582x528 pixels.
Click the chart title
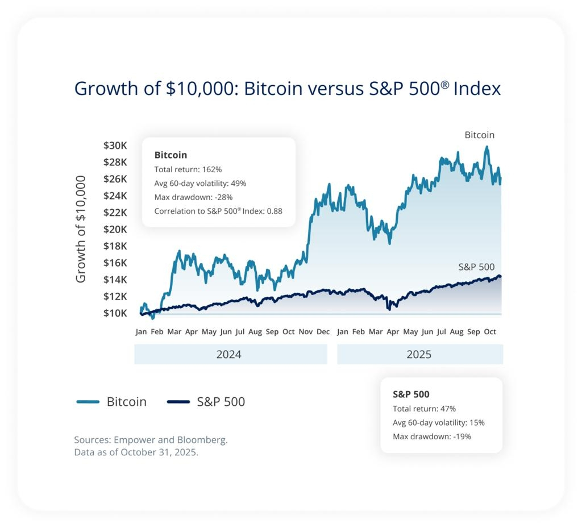tap(288, 89)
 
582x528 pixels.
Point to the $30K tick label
tap(115, 145)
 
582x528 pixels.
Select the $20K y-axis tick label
tap(115, 229)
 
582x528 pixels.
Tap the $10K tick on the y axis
tap(115, 313)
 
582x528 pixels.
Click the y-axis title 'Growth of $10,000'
tap(81, 229)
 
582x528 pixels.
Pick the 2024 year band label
tap(228, 354)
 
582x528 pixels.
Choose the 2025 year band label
tap(419, 354)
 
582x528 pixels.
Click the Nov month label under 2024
tap(305, 332)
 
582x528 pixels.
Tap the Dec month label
tap(323, 332)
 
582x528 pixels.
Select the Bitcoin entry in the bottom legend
tap(111, 402)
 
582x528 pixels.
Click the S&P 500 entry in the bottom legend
tap(206, 402)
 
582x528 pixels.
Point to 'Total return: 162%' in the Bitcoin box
tap(188, 169)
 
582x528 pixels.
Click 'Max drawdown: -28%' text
tap(193, 197)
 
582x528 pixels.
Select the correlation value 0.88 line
tap(218, 211)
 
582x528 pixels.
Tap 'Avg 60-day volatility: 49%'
tap(200, 184)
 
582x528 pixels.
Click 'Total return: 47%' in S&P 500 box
tap(424, 409)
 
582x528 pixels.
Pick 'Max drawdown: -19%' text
tap(432, 436)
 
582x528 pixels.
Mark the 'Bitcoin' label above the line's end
tap(480, 135)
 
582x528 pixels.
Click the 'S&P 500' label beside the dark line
tap(477, 267)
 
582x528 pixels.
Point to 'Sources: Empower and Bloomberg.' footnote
tap(151, 440)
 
